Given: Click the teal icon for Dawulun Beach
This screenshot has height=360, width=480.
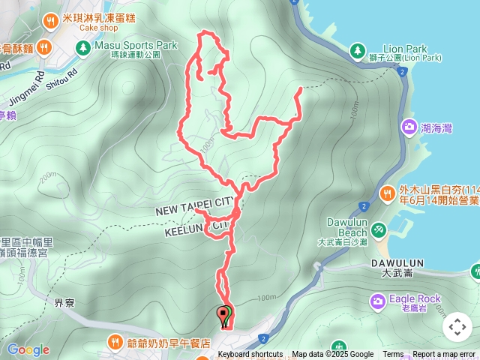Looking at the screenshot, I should pos(379,227).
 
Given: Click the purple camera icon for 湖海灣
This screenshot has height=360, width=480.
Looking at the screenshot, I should pos(409,127).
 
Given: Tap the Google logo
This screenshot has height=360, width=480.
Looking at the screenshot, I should pos(28,349).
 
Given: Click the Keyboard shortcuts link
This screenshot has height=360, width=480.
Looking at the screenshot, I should pos(250,355).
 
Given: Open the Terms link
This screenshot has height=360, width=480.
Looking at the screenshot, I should pos(393,355).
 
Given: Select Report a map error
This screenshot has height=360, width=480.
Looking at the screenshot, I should pos(444,355).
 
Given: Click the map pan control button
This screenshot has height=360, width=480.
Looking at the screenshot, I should pos(457,327).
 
